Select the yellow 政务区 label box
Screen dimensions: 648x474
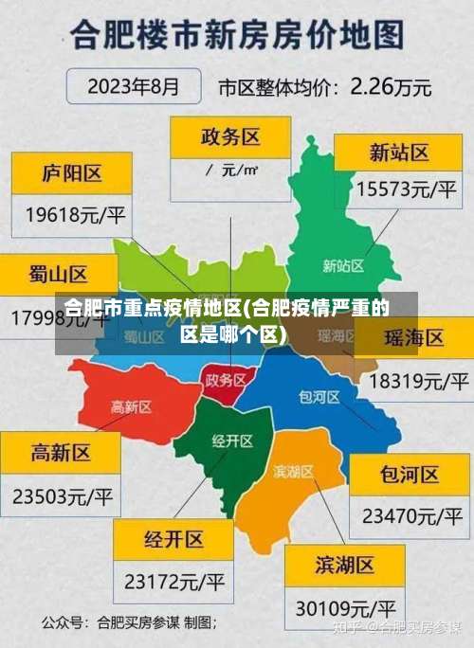pos(230,137)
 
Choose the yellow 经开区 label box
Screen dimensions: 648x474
pos(173,539)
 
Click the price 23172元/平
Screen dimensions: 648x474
pos(174,580)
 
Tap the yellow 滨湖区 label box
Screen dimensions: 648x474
pos(345,566)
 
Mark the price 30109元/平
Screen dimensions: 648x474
pos(345,606)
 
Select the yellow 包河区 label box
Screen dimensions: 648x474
pos(410,475)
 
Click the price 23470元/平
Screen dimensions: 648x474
pos(410,516)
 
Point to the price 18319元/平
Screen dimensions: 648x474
pos(418,381)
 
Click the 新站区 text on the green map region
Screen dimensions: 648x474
pos(343,265)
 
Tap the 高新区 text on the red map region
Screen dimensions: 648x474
pos(131,406)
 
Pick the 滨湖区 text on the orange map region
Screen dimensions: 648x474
pos(294,471)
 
